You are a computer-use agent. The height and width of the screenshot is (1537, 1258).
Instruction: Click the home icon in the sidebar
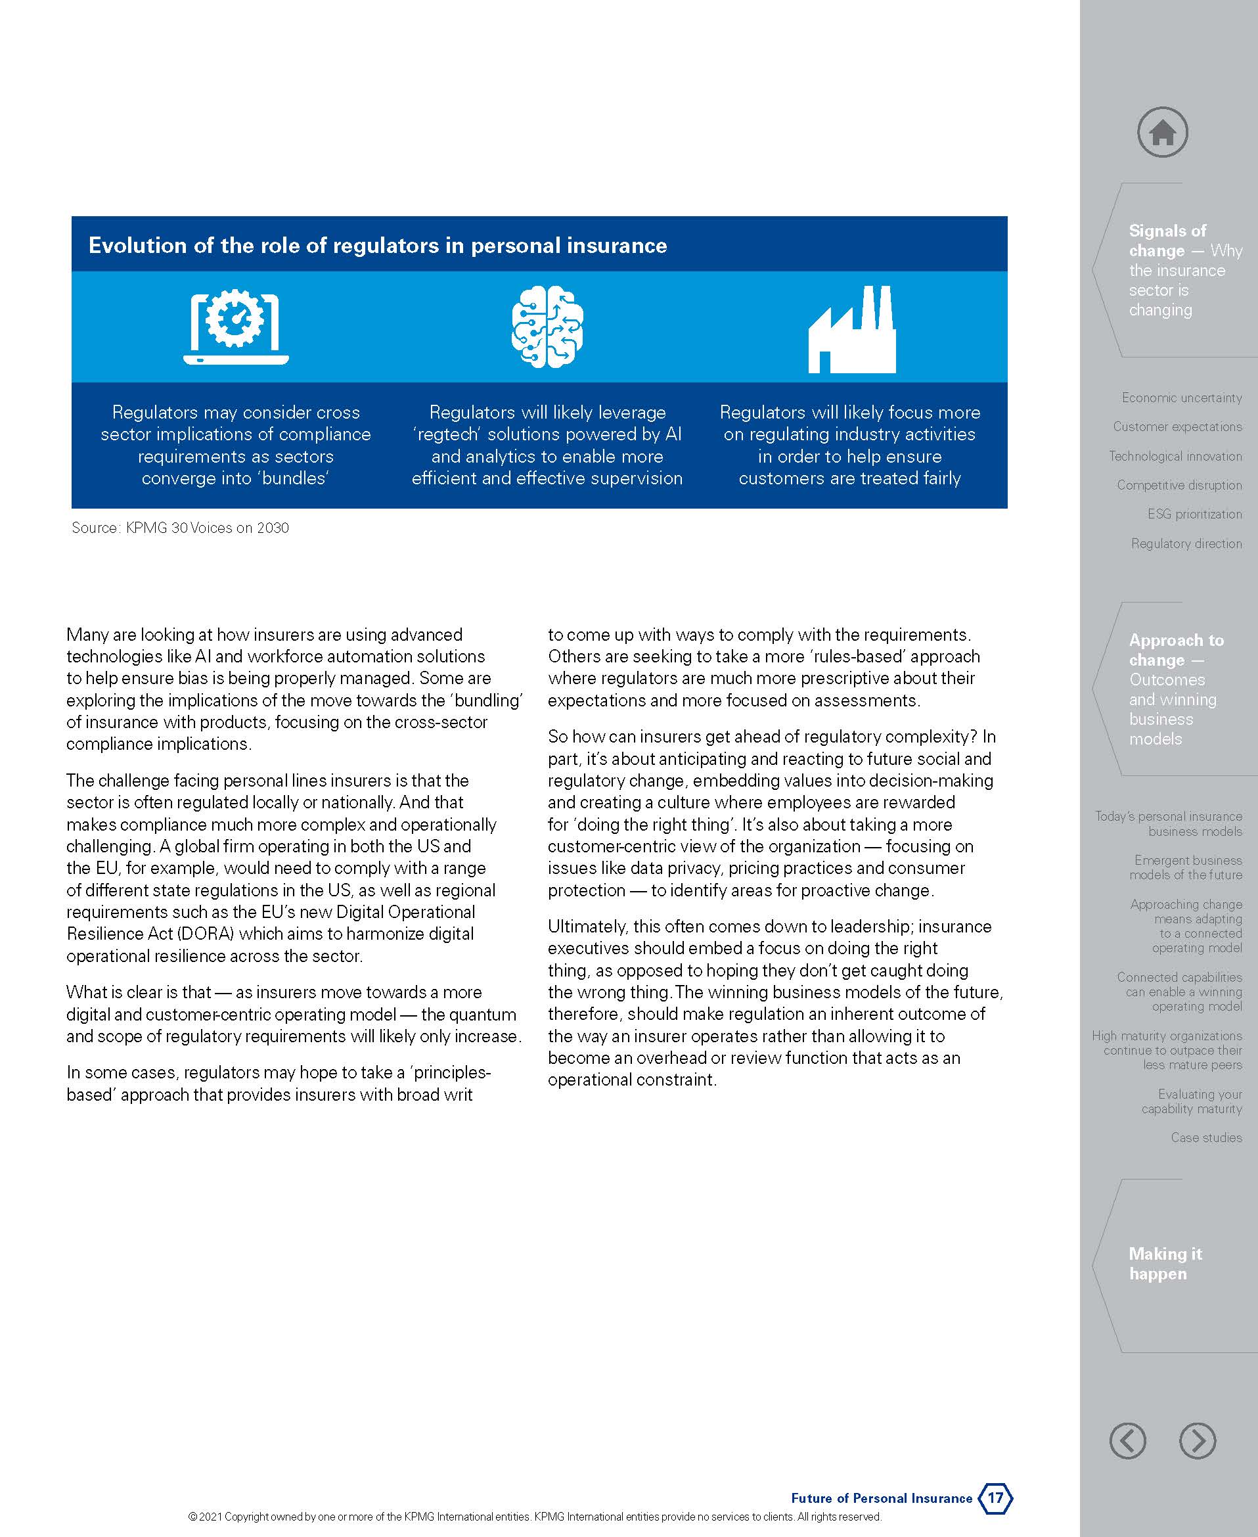(1162, 133)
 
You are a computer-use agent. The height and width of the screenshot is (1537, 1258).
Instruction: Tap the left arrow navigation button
(1127, 1440)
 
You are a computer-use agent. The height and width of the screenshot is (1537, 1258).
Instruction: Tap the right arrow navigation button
(1197, 1440)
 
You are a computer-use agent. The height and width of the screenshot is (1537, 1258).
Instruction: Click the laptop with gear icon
(236, 327)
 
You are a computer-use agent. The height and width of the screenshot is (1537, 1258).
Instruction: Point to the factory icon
(852, 330)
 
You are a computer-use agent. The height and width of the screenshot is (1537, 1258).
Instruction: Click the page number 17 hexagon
(996, 1497)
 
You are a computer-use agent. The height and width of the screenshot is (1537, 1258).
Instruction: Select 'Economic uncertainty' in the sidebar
(1181, 398)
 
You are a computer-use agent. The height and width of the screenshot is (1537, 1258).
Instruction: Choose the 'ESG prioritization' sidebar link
(1194, 514)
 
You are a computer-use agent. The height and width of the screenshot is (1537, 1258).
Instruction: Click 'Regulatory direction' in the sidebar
(1186, 543)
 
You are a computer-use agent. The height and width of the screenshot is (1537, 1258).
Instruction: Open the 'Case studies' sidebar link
(1206, 1137)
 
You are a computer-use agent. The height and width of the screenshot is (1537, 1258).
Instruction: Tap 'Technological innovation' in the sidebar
(1175, 456)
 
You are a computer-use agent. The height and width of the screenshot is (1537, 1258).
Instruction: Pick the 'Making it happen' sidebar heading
(1165, 1264)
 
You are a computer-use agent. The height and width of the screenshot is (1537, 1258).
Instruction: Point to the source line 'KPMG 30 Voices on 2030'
(207, 528)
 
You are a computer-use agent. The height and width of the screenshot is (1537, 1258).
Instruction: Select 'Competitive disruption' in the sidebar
(1179, 485)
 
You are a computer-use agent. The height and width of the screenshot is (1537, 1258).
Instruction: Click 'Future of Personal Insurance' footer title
(881, 1498)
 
